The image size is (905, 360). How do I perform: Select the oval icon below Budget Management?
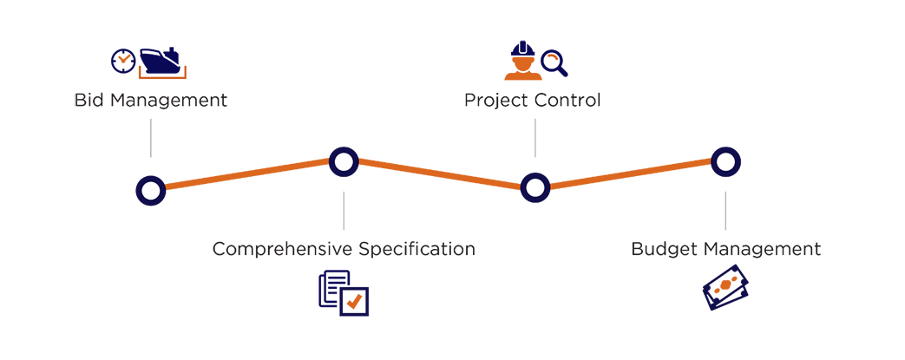[725, 288]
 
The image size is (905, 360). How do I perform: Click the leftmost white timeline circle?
[152, 188]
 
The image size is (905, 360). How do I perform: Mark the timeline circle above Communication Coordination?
[344, 161]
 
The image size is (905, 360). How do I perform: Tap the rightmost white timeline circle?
[725, 161]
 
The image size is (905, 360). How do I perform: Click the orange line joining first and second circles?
[248, 175]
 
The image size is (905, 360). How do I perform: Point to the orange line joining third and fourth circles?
[631, 174]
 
